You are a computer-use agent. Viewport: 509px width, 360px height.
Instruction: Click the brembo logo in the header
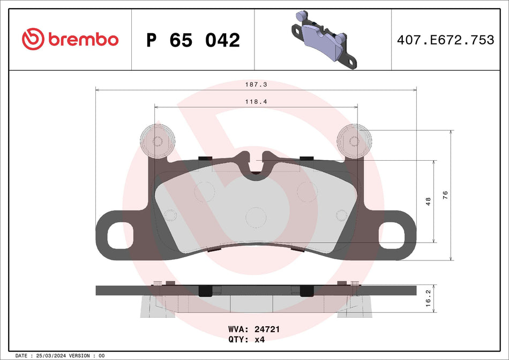coord(70,40)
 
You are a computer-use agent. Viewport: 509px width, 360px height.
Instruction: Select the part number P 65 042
coord(193,40)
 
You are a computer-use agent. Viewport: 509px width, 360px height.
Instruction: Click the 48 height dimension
coord(428,201)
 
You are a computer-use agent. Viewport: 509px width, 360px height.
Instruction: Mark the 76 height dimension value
coord(445,195)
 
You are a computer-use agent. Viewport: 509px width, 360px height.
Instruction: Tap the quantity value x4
coord(259,340)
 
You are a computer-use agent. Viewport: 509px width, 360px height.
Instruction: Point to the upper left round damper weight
coord(157,141)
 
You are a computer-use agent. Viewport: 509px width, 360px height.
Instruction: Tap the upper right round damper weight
coord(354,141)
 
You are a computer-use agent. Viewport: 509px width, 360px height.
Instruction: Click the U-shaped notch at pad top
coord(257,163)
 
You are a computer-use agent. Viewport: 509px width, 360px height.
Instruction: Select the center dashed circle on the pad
coord(256,216)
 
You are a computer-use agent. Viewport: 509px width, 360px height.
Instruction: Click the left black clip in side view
coord(205,290)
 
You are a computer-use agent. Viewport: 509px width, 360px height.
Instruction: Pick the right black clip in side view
coord(306,290)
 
